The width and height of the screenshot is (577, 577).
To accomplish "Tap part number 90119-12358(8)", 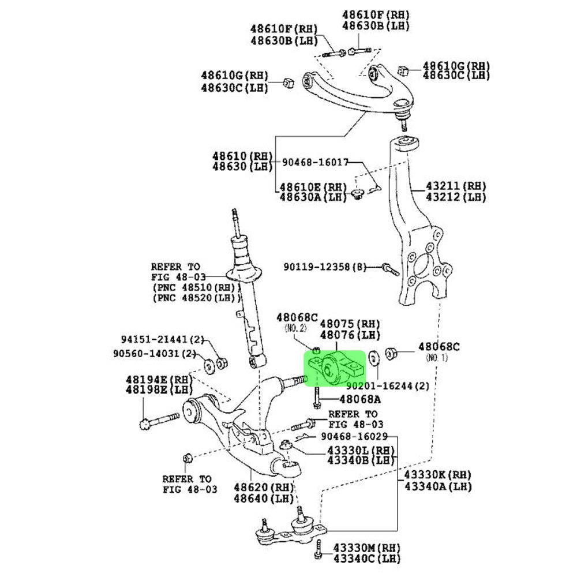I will coord(325,267).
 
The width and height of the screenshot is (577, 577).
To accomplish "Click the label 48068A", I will coord(360,399).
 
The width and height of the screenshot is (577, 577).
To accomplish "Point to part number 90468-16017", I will coord(316,163).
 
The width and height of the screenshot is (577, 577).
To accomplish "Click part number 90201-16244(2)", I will coord(387,385).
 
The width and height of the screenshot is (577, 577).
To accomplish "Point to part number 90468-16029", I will coord(354,436).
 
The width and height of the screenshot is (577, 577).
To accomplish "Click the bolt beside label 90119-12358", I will coord(391,269).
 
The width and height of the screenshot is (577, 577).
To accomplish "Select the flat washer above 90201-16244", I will coord(373,358).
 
